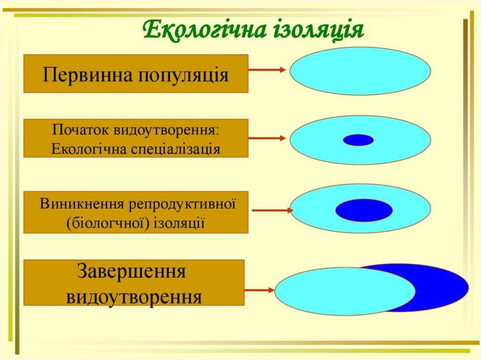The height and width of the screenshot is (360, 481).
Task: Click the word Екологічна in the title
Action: click(x=204, y=31)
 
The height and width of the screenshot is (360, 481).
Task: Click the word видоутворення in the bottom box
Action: click(x=134, y=298)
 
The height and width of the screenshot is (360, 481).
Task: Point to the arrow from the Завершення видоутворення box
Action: click(x=259, y=290)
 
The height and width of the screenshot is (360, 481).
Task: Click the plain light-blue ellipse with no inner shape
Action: click(x=360, y=71)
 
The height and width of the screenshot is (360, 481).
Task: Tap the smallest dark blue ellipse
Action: click(x=358, y=140)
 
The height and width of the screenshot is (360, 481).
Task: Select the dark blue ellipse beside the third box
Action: click(x=364, y=210)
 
